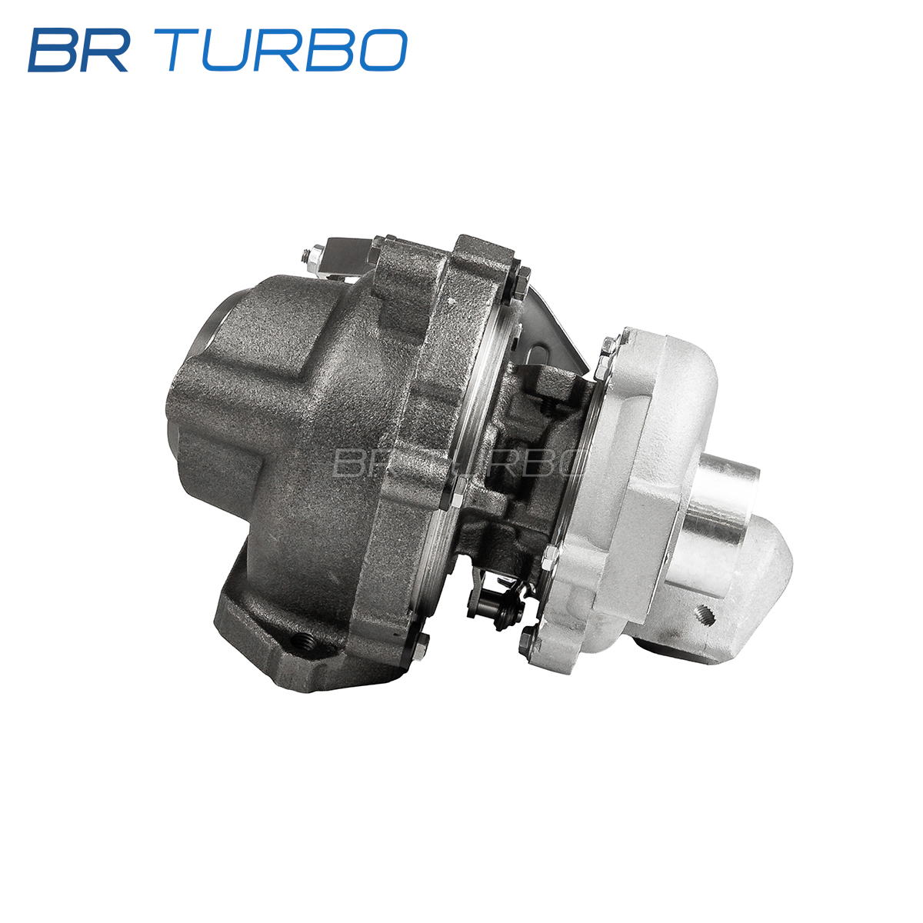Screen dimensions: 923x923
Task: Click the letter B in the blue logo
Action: pyautogui.click(x=52, y=50)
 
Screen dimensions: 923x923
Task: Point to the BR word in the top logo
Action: pyautogui.click(x=78, y=50)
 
